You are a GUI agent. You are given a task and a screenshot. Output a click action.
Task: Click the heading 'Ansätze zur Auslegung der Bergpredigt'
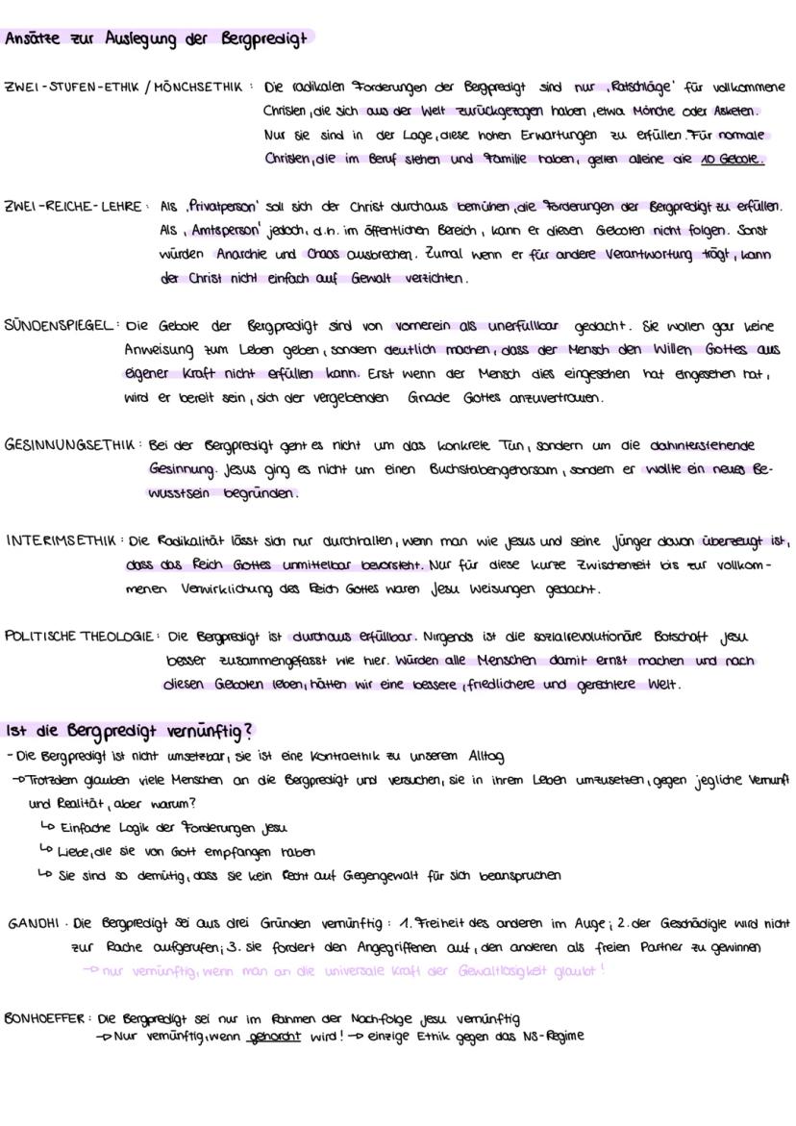[x=155, y=39]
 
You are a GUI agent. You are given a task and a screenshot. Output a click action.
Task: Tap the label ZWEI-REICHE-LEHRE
[x=74, y=207]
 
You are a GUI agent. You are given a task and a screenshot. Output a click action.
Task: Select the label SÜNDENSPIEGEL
[x=61, y=325]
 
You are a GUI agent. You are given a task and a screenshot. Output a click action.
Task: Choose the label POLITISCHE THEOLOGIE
[x=79, y=637]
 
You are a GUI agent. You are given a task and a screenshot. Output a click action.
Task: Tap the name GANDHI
[x=35, y=924]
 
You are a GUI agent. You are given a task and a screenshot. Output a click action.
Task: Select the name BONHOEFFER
[x=46, y=1018]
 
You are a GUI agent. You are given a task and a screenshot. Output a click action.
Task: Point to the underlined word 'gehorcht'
[x=274, y=1037]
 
